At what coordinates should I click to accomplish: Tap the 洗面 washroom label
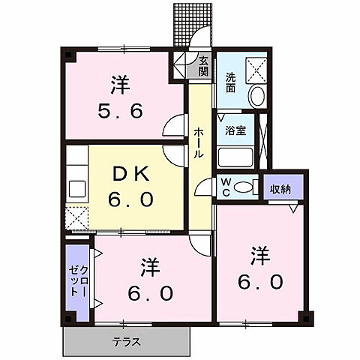pos(231,79)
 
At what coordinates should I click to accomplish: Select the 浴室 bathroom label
pos(235,130)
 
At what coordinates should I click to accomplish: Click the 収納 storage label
pos(282,187)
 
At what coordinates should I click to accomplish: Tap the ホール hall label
pos(198,142)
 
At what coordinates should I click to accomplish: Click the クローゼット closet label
pos(79,276)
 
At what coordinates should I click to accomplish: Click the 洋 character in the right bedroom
pos(260,256)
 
